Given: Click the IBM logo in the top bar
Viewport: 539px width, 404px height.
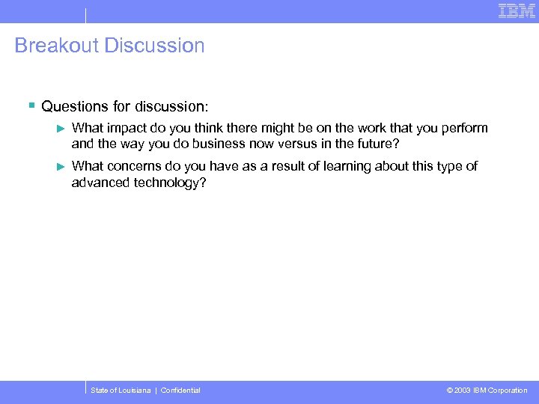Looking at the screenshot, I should point(517,10).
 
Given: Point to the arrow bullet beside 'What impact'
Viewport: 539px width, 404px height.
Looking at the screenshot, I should point(62,129).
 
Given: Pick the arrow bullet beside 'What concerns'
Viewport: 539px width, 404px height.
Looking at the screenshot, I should point(62,166).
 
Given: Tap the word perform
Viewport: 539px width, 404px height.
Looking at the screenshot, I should point(463,128).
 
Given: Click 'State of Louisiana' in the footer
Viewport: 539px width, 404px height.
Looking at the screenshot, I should point(120,391).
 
